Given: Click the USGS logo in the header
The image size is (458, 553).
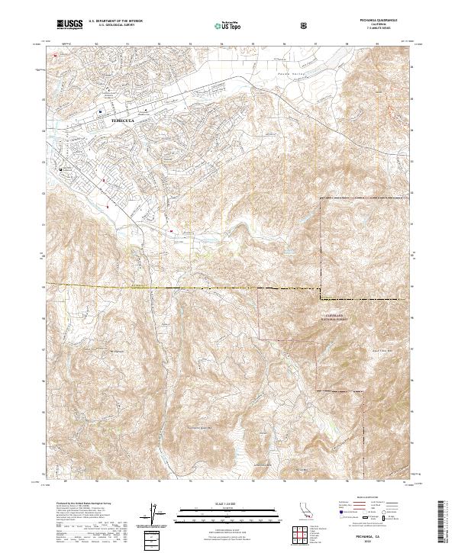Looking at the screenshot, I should pos(69,25).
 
